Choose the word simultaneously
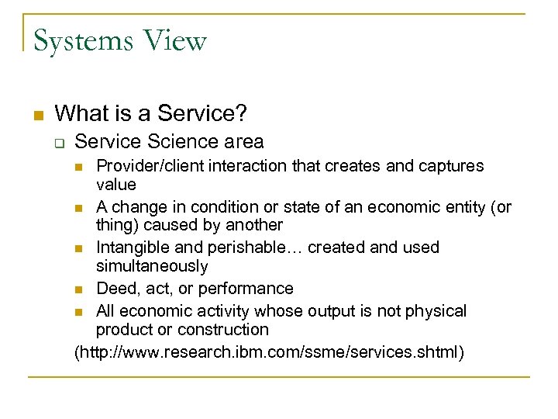(152, 266)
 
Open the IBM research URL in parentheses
(269, 353)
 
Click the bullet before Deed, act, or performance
(80, 289)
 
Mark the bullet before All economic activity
(80, 312)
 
